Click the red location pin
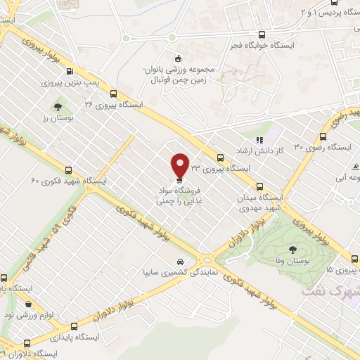[x=181, y=165]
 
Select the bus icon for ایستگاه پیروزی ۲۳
[x=221, y=158]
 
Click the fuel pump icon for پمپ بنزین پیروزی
[x=70, y=71]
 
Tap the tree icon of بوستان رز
[x=58, y=108]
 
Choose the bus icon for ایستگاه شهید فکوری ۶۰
[x=68, y=169]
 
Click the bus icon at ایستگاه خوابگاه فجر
[x=262, y=34]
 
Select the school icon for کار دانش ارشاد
[x=259, y=139]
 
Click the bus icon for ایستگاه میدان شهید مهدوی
[x=260, y=186]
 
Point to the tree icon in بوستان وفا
[x=290, y=248]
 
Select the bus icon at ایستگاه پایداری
[x=76, y=326]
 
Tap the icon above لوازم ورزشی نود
[x=27, y=304]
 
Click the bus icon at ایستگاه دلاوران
[x=27, y=343]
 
